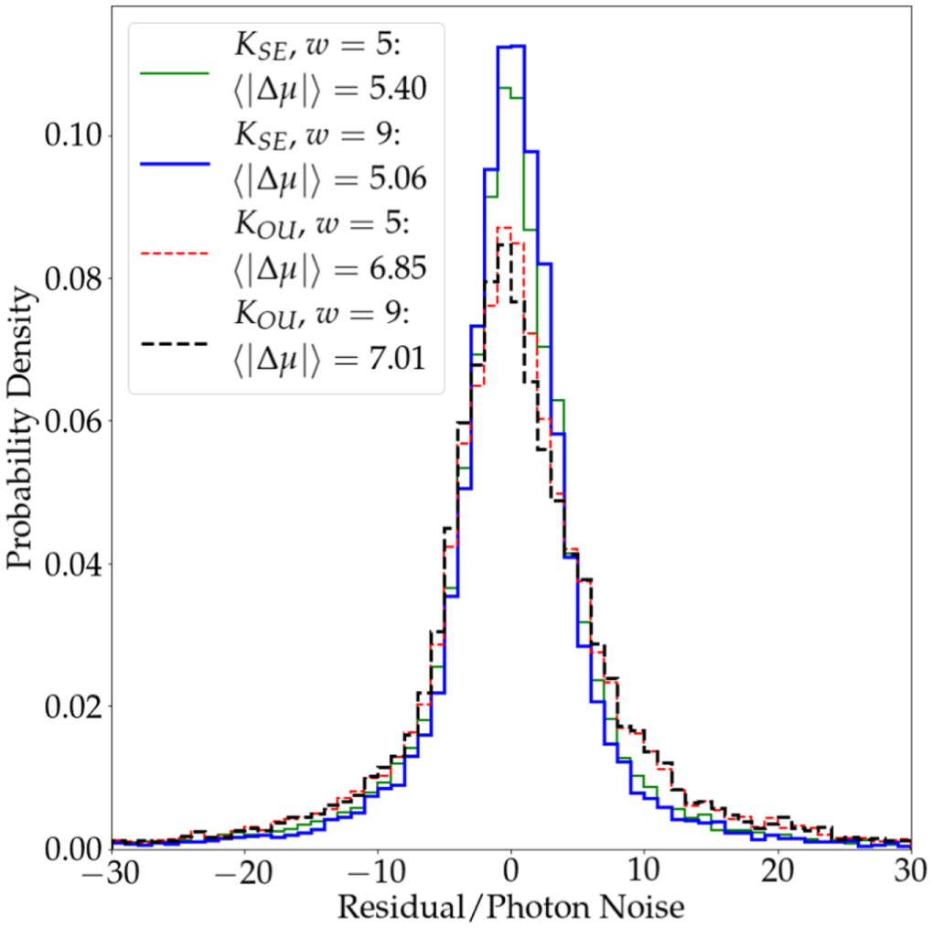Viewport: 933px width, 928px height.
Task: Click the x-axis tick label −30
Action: coord(112,870)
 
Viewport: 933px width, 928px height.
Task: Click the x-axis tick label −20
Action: coord(244,870)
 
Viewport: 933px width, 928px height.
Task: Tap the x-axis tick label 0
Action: coord(511,870)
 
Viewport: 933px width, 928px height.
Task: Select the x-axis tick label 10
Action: coord(644,870)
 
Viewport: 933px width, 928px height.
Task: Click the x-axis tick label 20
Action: coord(777,870)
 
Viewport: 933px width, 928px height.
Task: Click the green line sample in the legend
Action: coord(176,71)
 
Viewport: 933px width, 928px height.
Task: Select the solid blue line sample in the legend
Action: coord(176,161)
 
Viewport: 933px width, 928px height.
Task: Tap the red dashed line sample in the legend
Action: coord(176,251)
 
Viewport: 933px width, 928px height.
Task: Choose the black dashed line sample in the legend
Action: coord(176,341)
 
